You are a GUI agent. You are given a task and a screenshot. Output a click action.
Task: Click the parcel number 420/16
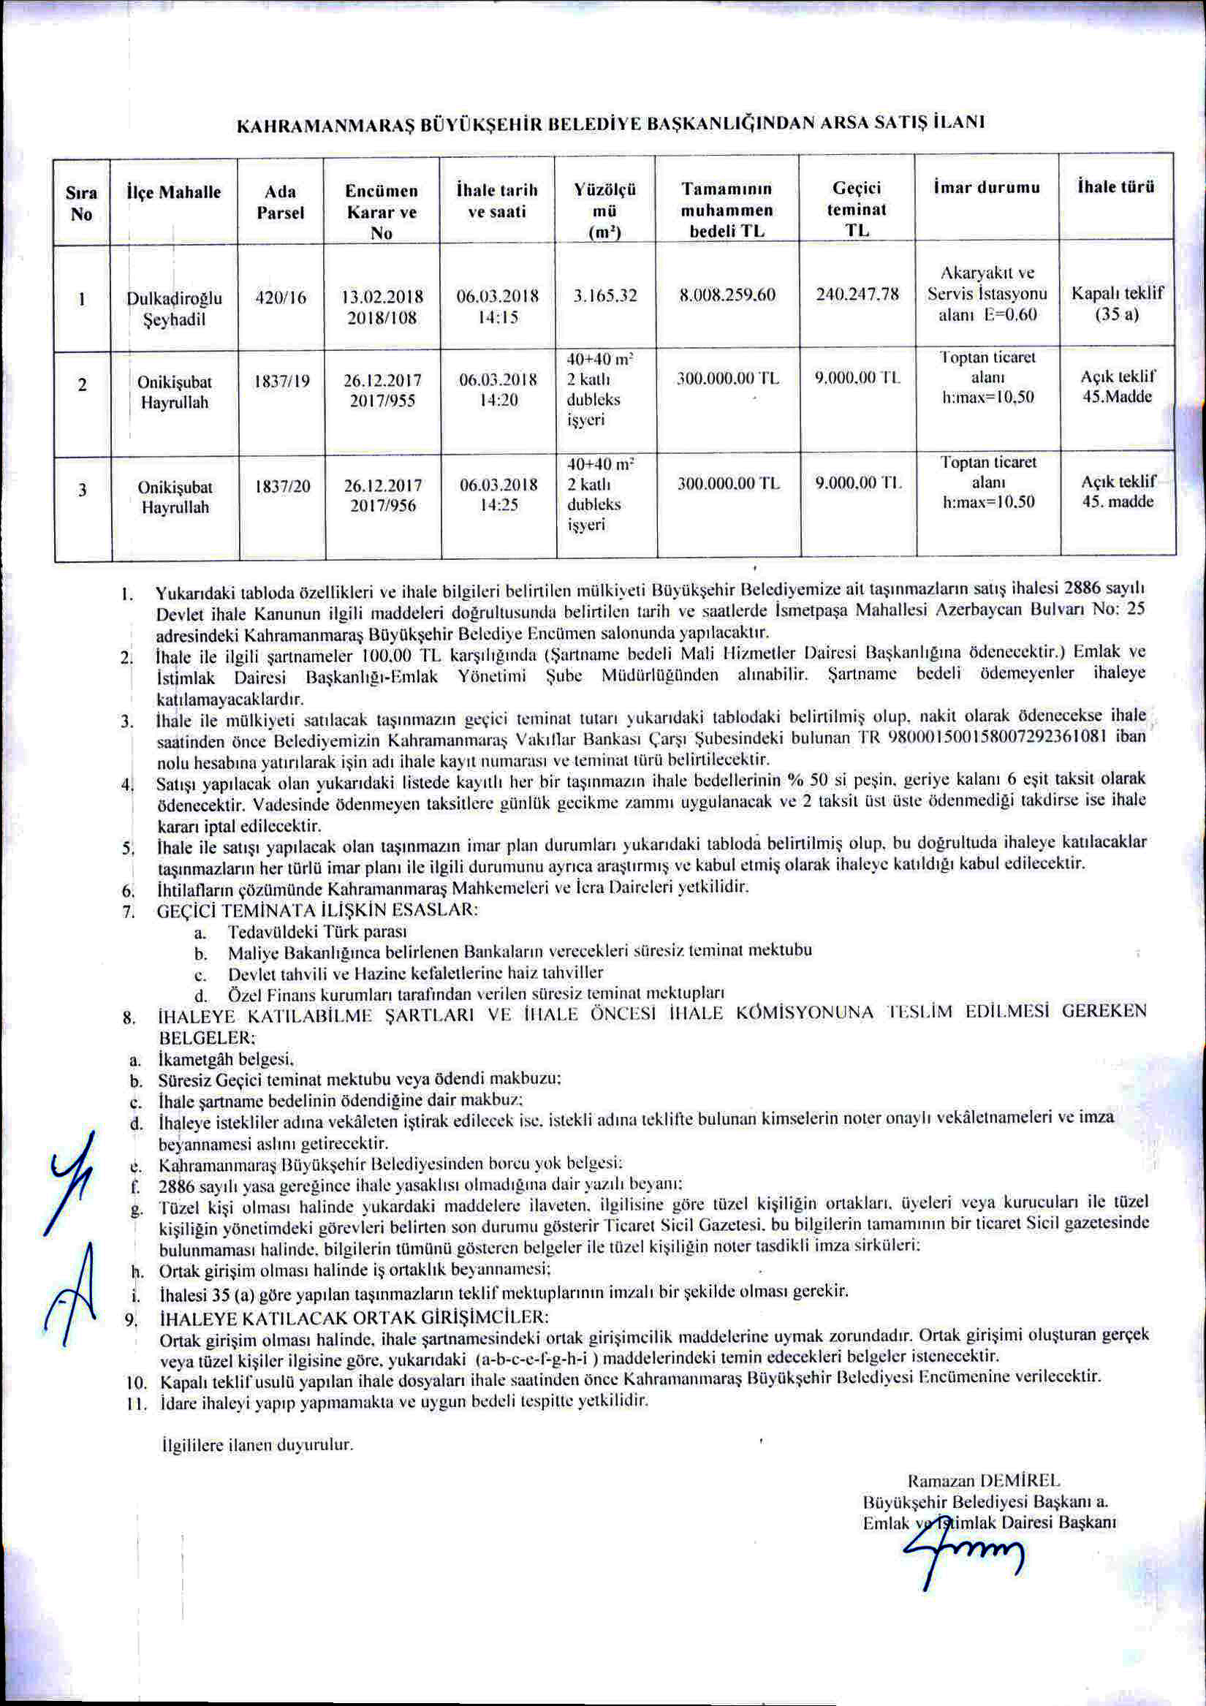pos(281,297)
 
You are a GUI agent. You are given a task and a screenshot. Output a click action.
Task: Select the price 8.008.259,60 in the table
pos(727,295)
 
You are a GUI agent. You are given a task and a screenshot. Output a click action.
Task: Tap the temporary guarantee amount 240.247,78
pos(857,295)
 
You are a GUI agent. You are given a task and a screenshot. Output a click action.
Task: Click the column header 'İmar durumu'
pos(986,186)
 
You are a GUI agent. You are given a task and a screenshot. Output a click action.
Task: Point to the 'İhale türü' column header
pos(1116,186)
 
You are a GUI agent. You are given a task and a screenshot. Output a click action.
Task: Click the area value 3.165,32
pos(606,295)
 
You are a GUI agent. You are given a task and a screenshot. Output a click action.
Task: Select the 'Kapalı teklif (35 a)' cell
pos(1117,304)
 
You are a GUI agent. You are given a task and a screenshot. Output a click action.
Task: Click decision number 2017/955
pos(383,401)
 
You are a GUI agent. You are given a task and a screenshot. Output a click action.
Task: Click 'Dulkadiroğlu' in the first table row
pos(175,299)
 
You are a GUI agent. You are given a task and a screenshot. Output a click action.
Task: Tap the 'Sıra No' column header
pos(82,203)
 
